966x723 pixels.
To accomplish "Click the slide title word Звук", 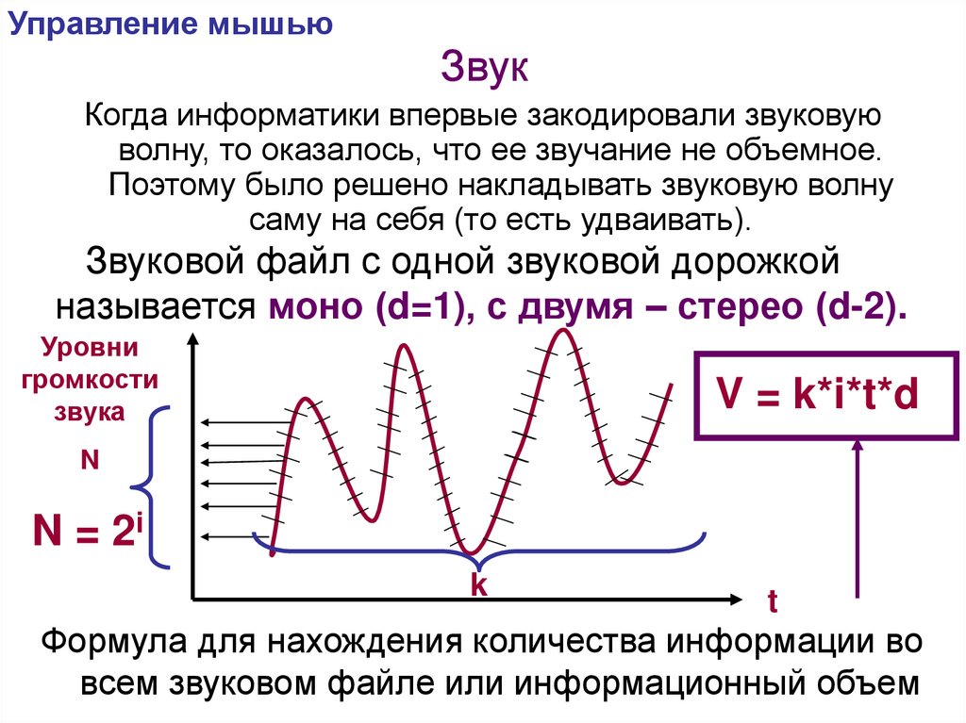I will click(x=487, y=70).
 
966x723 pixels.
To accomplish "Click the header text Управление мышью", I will click(x=170, y=24).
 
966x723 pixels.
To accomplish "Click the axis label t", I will click(x=772, y=600).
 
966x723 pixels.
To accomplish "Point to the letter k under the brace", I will click(x=478, y=585).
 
